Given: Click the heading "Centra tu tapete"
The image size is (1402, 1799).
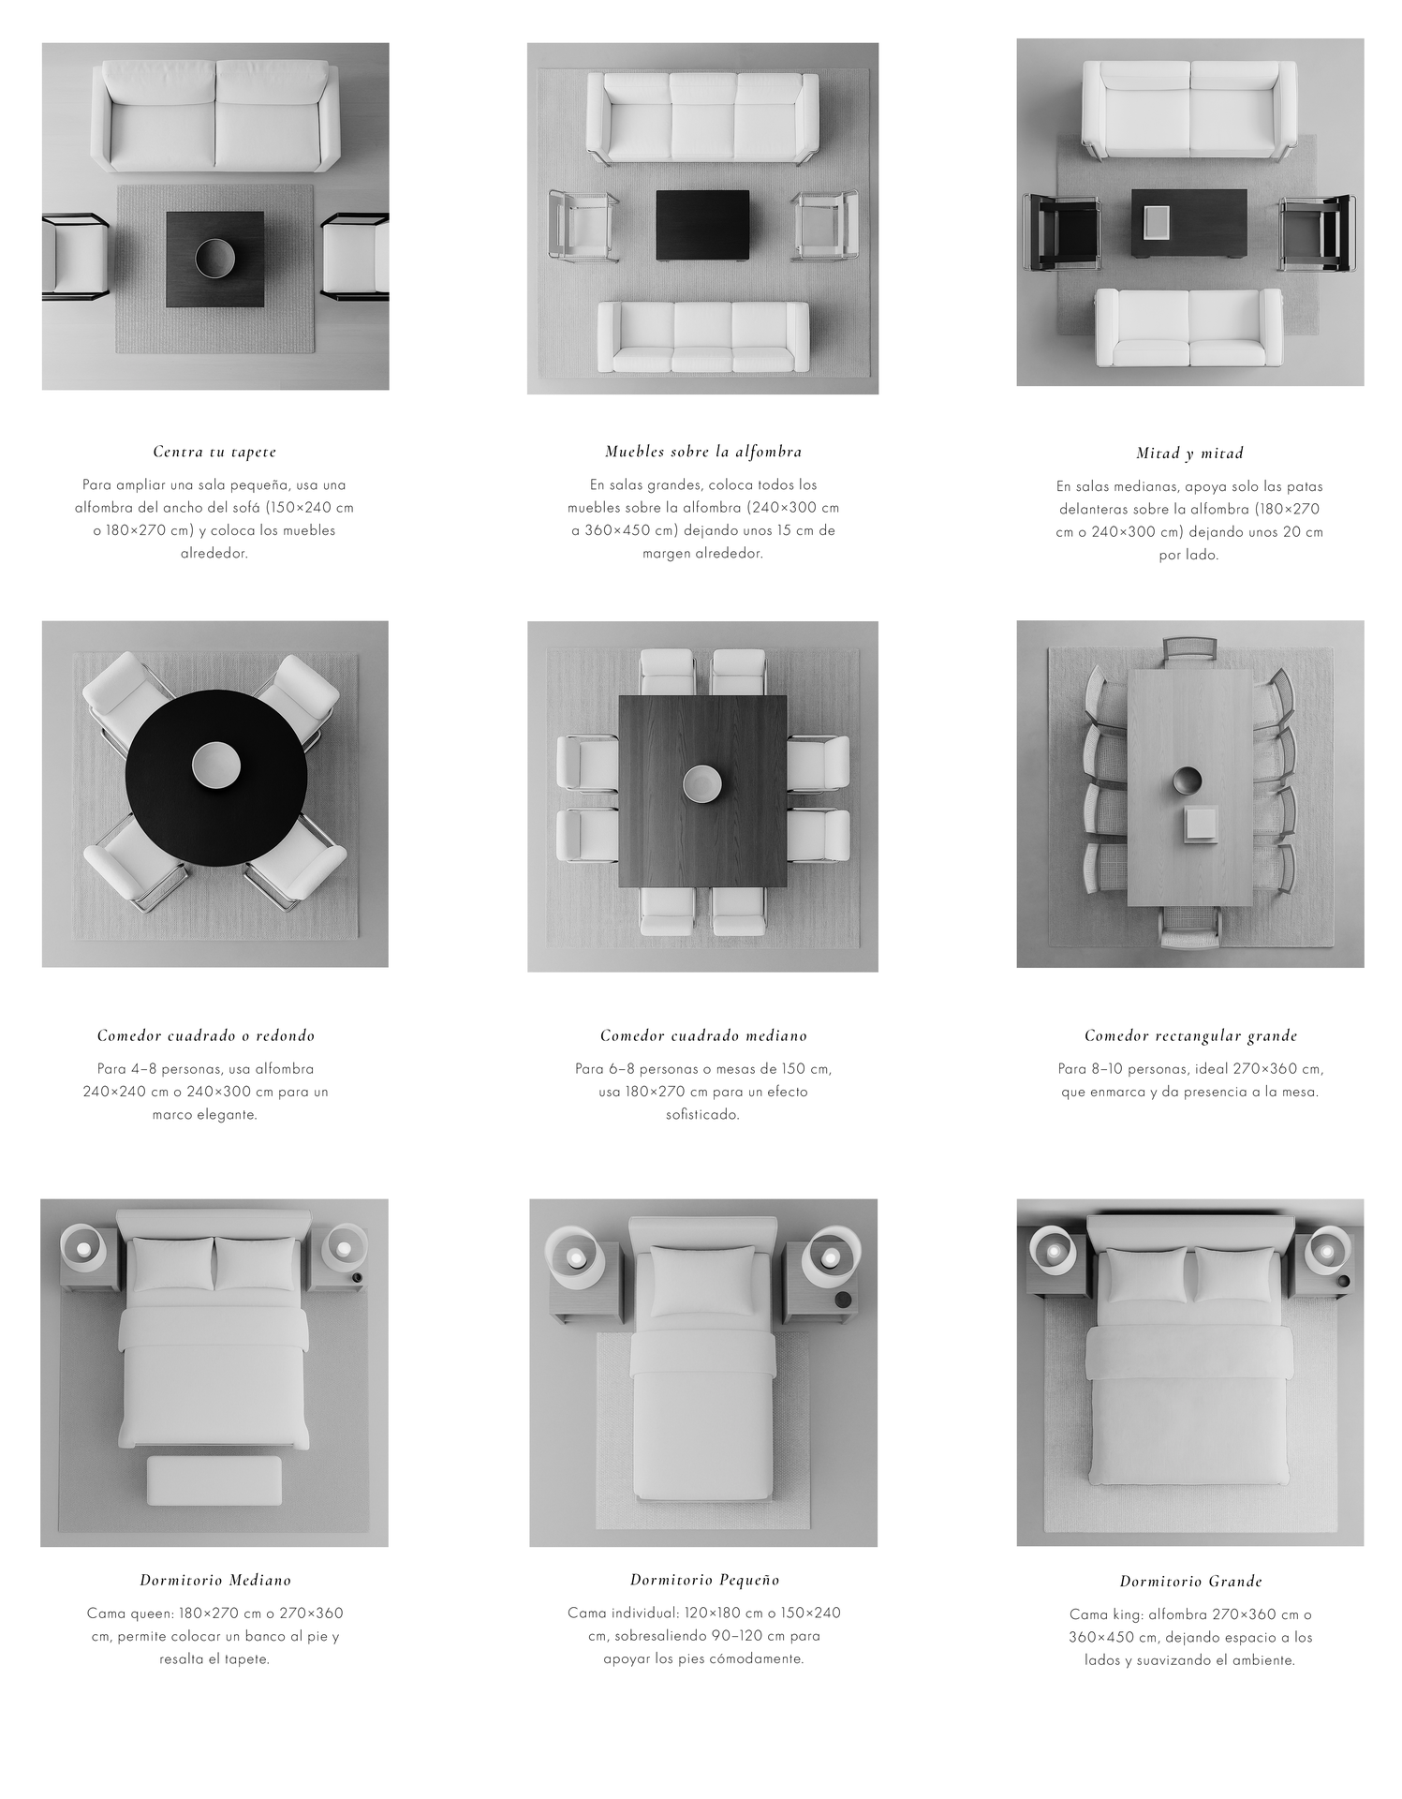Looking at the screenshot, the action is click(x=214, y=452).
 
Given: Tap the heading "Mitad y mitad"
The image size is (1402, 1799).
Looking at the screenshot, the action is click(x=1189, y=453).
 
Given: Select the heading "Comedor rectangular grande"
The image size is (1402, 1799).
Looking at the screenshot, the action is click(x=1190, y=1035).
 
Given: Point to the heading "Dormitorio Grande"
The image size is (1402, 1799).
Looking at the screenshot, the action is click(x=1190, y=1582).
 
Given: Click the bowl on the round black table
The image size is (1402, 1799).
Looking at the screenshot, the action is click(x=216, y=765).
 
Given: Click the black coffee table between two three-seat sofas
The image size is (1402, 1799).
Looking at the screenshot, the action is click(x=702, y=225).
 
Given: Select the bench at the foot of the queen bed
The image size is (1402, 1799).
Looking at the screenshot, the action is click(x=214, y=1481).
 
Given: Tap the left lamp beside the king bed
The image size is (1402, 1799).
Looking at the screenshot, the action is click(x=1054, y=1250).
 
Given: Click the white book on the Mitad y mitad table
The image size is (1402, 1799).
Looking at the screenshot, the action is click(x=1158, y=222).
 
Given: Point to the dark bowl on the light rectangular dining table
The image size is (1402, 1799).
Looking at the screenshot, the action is click(x=1187, y=780).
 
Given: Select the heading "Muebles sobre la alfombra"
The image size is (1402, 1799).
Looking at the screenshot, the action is click(x=703, y=452).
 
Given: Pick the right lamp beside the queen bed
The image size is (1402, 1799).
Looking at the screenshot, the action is click(x=344, y=1248).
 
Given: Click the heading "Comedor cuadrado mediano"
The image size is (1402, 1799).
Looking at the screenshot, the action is click(x=703, y=1035).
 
